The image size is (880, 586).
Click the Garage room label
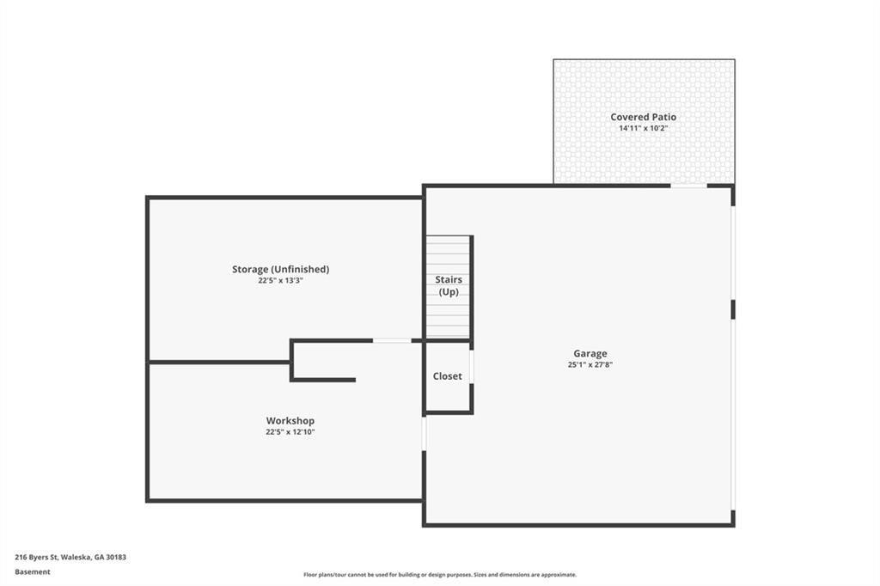(590, 354)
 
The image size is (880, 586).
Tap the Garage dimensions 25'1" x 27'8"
(590, 365)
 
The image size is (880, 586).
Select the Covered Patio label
(643, 117)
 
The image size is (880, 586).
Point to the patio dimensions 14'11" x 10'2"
(643, 128)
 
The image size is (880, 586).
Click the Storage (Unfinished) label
(281, 270)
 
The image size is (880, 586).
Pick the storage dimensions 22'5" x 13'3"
(281, 281)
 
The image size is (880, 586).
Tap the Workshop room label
(290, 420)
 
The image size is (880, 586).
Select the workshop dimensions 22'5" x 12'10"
(290, 432)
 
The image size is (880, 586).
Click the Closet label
(447, 376)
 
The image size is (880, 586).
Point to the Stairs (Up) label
(449, 286)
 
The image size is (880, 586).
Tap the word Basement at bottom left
(33, 572)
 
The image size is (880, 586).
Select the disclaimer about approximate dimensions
(440, 575)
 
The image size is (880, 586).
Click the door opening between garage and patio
(688, 186)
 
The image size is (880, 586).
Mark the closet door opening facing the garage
(472, 367)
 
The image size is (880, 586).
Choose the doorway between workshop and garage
(425, 433)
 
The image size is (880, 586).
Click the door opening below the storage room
(392, 341)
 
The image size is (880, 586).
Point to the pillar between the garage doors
(733, 309)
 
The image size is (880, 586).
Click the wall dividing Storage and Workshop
(219, 362)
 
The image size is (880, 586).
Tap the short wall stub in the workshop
(324, 380)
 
